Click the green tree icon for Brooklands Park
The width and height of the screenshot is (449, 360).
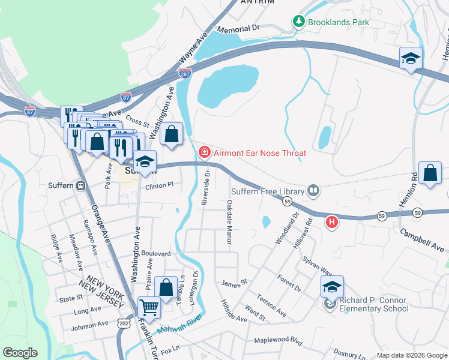pyautogui.click(x=299, y=22)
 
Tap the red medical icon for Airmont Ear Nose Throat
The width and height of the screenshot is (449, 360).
pyautogui.click(x=205, y=153)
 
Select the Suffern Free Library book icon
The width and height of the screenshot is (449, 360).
pyautogui.click(x=313, y=191)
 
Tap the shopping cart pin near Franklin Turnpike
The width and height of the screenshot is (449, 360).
pyautogui.click(x=149, y=307)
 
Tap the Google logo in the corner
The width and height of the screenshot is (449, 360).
pyautogui.click(x=20, y=353)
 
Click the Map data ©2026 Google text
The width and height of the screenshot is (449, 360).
pyautogui.click(x=411, y=355)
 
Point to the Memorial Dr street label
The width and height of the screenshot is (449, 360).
pyautogui.click(x=238, y=28)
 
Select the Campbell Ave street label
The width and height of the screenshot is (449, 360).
pyautogui.click(x=423, y=239)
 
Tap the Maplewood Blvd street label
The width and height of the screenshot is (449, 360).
pyautogui.click(x=277, y=340)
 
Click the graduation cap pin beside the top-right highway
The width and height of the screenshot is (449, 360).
pyautogui.click(x=411, y=58)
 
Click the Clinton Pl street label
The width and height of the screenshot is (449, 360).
pyautogui.click(x=159, y=186)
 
